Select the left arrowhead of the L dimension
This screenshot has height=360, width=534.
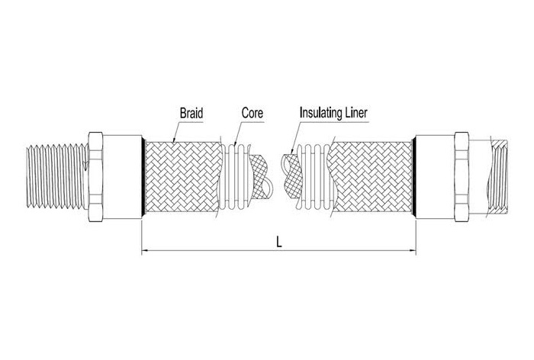[x=145, y=251]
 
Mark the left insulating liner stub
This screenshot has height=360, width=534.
[x=261, y=174]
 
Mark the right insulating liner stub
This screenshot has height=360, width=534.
[x=292, y=174]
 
